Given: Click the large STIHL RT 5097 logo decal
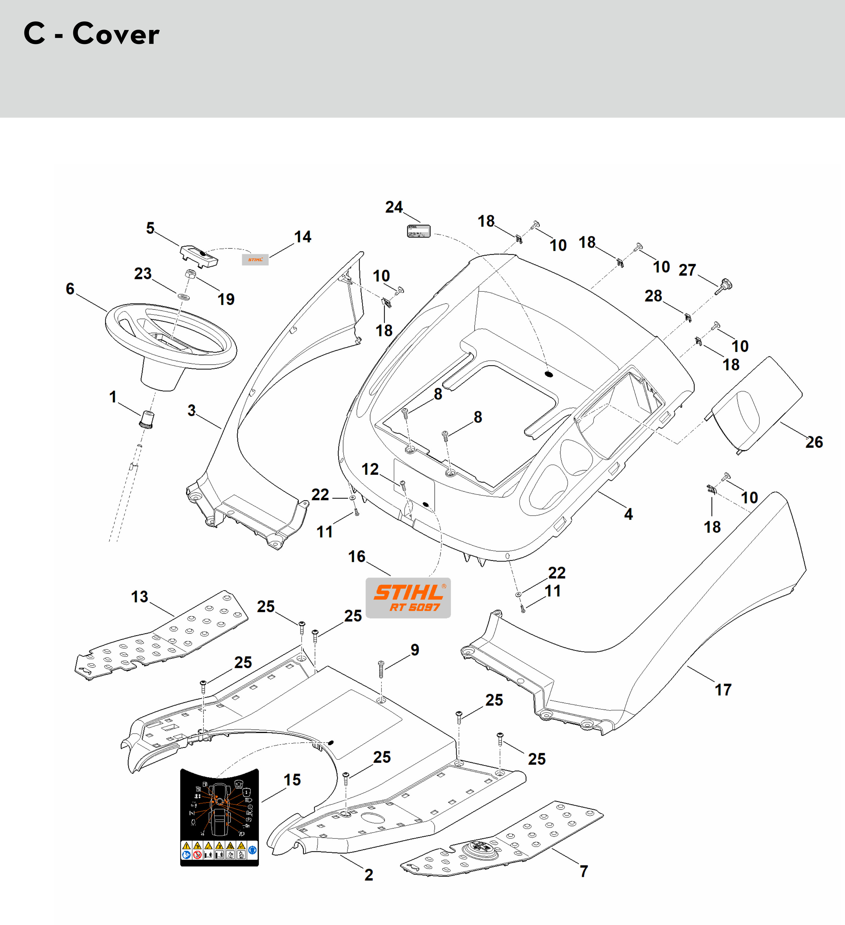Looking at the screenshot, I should click(408, 597).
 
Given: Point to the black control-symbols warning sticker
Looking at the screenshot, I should click(219, 817).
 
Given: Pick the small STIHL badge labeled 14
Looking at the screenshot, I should click(255, 260).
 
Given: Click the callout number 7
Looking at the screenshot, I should click(584, 871).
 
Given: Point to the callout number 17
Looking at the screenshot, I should click(723, 690).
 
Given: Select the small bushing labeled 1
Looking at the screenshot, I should click(147, 419).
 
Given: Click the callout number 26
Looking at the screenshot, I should click(814, 442).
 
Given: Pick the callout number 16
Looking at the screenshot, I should click(356, 557).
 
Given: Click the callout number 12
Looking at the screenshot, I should click(370, 469).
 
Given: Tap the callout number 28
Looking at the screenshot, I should click(653, 296).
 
